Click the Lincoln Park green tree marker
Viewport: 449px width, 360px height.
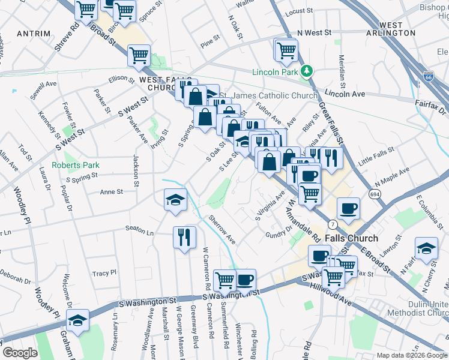(x=307, y=72)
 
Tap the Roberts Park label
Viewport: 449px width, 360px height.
(x=75, y=165)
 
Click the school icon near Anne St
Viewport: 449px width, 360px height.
(x=175, y=199)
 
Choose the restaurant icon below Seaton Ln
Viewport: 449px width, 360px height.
(x=184, y=236)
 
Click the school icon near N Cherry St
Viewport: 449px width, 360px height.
(x=426, y=249)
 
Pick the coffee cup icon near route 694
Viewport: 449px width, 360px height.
(x=348, y=208)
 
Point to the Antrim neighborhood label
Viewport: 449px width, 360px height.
(x=33, y=32)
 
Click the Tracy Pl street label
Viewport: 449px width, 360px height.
(x=104, y=273)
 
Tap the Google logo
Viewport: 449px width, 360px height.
(x=20, y=353)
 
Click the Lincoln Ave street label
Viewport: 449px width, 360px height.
(x=345, y=94)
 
